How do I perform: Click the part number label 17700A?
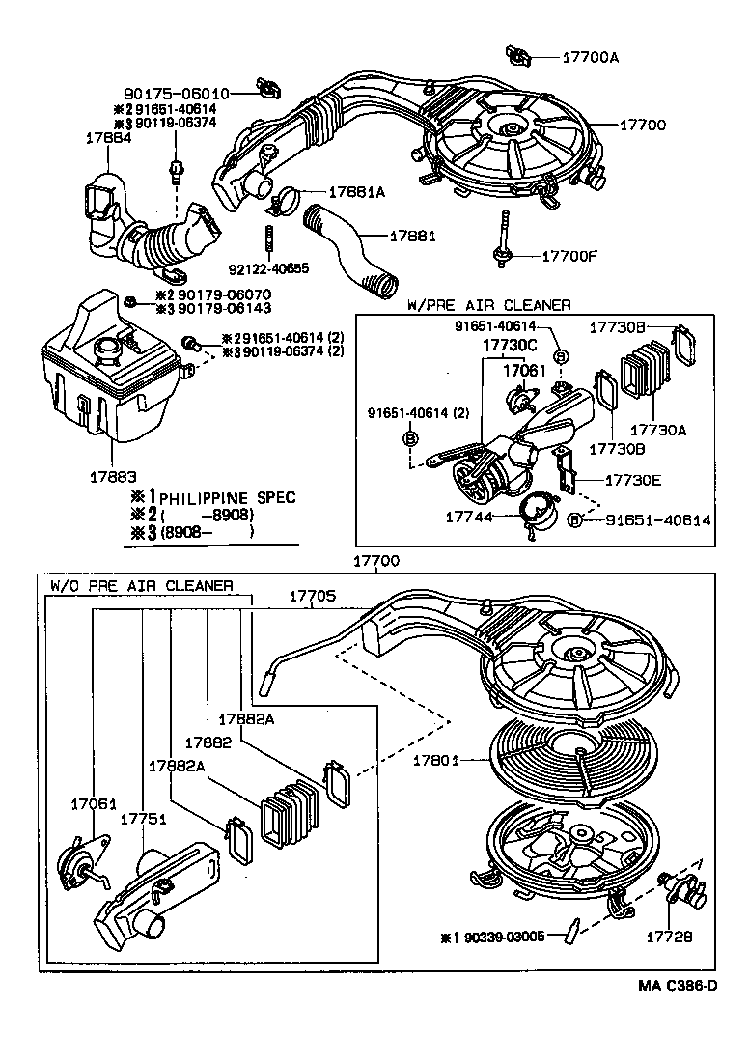(590, 57)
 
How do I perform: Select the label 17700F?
(569, 256)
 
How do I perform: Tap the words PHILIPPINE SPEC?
(227, 498)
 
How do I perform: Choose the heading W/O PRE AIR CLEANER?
(141, 585)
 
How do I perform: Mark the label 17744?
(470, 518)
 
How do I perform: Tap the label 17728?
(672, 936)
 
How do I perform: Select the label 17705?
(313, 597)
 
